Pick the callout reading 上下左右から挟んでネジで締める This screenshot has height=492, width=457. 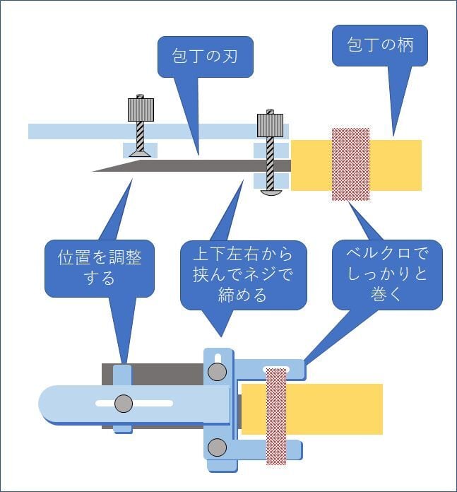coord(242,274)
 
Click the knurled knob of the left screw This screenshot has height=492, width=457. coord(141,109)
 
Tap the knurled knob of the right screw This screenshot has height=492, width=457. coord(271,125)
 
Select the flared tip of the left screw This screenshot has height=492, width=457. coord(140,152)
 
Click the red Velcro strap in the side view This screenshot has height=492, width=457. coord(350,164)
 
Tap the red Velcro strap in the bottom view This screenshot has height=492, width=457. coord(275,417)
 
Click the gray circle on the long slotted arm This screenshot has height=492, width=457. coord(124,404)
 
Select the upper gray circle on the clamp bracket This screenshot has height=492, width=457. coord(218,372)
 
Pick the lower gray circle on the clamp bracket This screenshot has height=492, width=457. coord(218,447)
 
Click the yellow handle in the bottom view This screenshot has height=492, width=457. coord(332,409)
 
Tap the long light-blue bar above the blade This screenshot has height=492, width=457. coord(85,131)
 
